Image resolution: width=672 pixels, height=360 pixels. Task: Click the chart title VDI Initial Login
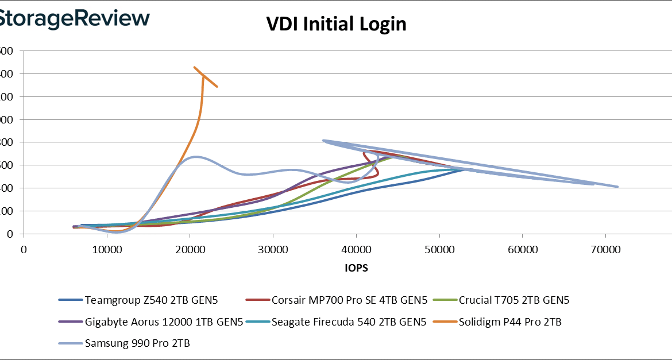click(x=336, y=24)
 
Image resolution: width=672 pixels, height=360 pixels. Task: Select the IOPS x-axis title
click(x=357, y=268)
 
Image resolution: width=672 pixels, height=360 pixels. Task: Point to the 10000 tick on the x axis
click(x=106, y=250)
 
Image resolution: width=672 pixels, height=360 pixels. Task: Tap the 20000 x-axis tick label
click(x=190, y=250)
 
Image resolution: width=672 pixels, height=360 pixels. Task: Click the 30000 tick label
click(x=273, y=250)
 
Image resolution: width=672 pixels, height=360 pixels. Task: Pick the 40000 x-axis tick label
click(x=356, y=250)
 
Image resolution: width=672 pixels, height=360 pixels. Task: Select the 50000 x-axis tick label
click(x=439, y=250)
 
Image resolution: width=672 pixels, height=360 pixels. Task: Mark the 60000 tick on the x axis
click(x=522, y=250)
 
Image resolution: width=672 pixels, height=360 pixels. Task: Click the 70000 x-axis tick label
click(x=605, y=250)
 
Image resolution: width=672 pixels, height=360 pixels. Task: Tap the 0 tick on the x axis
click(x=24, y=250)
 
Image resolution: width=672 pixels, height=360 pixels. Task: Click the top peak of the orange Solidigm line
click(x=194, y=67)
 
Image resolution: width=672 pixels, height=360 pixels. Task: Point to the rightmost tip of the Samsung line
click(x=617, y=187)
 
